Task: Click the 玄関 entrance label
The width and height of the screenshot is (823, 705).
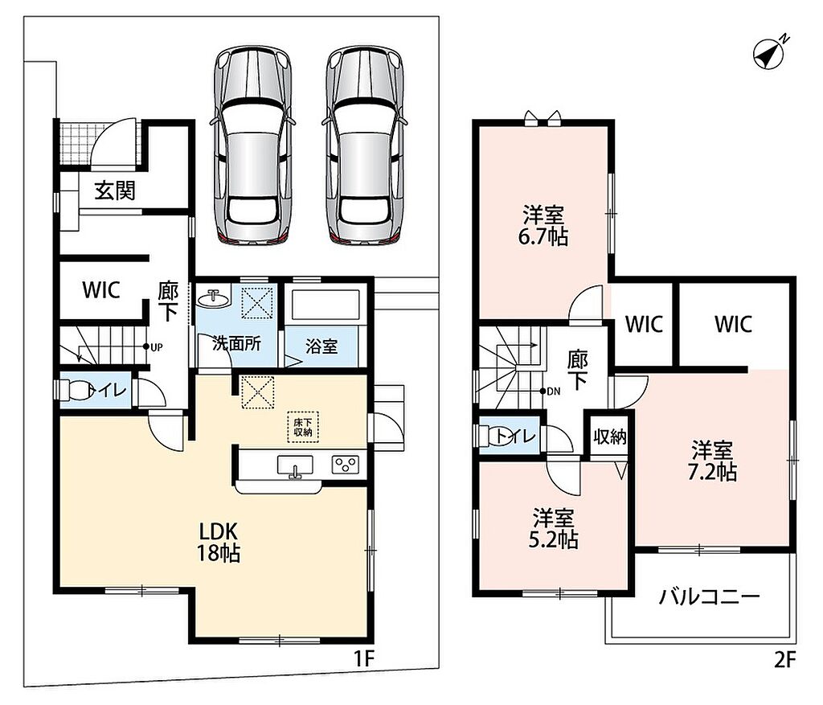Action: point(115,191)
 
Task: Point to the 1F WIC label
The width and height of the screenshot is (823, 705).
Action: point(101,289)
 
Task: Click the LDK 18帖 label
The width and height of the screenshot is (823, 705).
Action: point(219,543)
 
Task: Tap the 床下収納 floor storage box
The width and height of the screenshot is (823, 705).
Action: point(303,427)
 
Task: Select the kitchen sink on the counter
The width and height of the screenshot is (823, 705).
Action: point(295,466)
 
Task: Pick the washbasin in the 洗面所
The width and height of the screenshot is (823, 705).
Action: point(213,299)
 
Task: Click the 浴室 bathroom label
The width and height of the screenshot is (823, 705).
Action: point(321,346)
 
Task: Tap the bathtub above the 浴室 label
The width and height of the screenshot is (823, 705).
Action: point(326,304)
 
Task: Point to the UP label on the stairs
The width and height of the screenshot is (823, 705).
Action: point(157,347)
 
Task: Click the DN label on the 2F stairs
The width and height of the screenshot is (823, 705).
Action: point(554,391)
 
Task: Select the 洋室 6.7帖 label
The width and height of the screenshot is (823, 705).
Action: point(543,226)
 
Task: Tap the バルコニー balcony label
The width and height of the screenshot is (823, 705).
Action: point(710,596)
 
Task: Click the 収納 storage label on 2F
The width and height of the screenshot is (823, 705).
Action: point(610,437)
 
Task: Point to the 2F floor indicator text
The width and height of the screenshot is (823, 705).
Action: point(785,660)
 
